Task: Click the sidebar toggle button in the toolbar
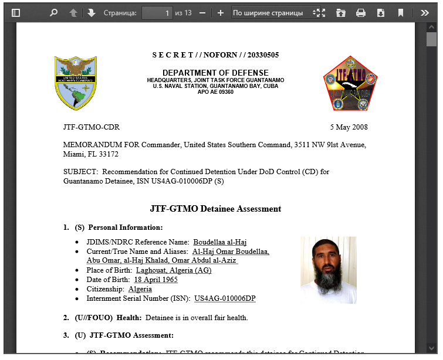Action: pyautogui.click(x=16, y=12)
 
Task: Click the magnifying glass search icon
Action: pyautogui.click(x=53, y=12)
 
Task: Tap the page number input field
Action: pyautogui.click(x=157, y=12)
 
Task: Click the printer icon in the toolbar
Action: pyautogui.click(x=361, y=12)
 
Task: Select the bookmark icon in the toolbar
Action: pyautogui.click(x=401, y=12)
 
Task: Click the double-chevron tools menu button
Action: pyautogui.click(x=424, y=12)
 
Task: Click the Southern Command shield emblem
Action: pyautogui.click(x=76, y=83)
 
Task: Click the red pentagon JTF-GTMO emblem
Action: pyautogui.click(x=350, y=84)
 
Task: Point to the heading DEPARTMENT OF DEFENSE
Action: pyautogui.click(x=215, y=73)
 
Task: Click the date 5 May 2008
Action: pyautogui.click(x=349, y=127)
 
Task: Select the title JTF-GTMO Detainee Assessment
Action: pyautogui.click(x=215, y=209)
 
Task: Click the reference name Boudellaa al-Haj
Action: pyautogui.click(x=220, y=242)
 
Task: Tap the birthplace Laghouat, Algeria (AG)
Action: pyautogui.click(x=174, y=270)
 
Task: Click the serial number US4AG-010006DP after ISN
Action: pyautogui.click(x=225, y=298)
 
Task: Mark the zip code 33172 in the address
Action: pyautogui.click(x=109, y=154)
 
